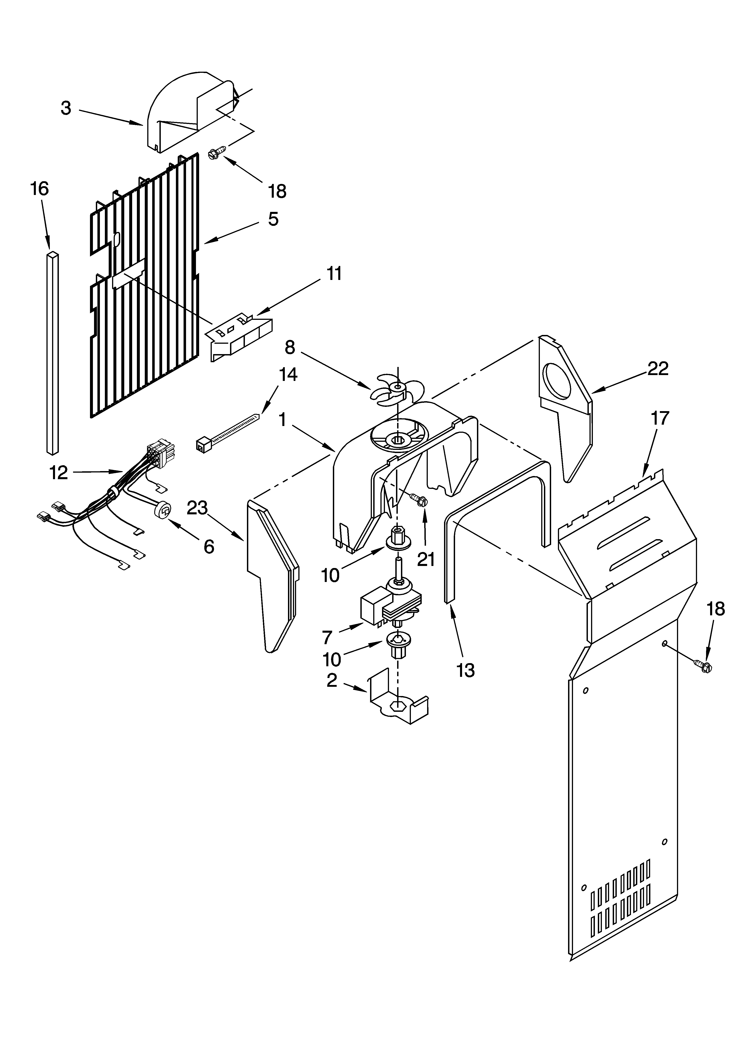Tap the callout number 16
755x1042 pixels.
coord(40,189)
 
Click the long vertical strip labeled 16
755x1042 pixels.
coord(53,351)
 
